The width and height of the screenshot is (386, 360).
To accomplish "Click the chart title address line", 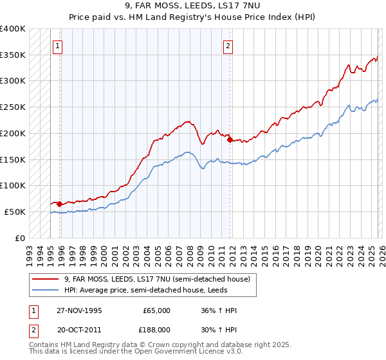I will coord(193,6).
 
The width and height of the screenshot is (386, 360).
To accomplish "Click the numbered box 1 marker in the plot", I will coord(58,46).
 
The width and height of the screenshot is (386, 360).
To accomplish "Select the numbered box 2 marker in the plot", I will coord(228,46).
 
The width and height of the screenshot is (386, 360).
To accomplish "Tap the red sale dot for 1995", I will coord(60,204).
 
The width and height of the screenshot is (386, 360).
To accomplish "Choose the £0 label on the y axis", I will coord(19,238).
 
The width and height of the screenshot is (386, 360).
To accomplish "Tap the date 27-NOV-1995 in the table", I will coord(79,310).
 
